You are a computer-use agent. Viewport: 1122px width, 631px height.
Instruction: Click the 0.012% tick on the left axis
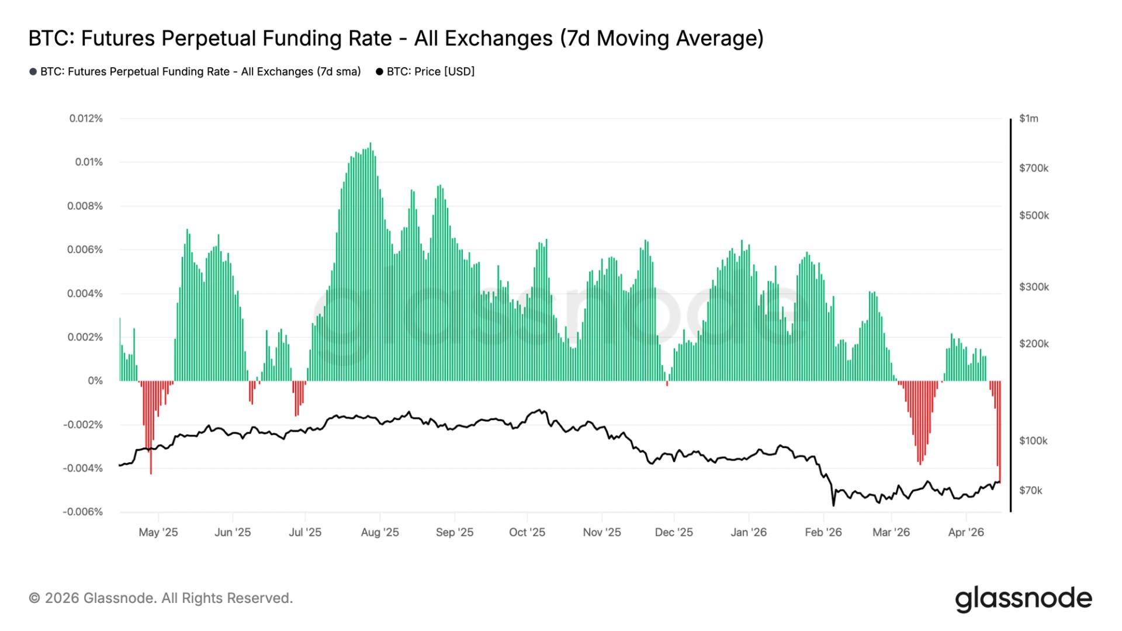click(x=86, y=119)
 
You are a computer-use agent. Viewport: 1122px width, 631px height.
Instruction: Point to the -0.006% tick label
click(x=83, y=512)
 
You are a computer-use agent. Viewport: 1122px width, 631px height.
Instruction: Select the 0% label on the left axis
click(x=95, y=381)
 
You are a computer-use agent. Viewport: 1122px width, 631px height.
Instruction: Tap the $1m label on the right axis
click(x=1028, y=119)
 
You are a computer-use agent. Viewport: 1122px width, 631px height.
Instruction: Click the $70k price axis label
click(x=1030, y=491)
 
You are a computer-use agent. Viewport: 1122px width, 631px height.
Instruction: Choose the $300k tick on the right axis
click(x=1034, y=287)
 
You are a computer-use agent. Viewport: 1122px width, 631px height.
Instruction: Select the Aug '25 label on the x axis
click(x=380, y=532)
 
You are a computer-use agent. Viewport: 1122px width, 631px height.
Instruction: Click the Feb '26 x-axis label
click(x=823, y=532)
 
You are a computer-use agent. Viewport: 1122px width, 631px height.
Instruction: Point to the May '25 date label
click(x=158, y=532)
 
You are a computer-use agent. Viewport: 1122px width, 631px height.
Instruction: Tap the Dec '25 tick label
click(x=674, y=532)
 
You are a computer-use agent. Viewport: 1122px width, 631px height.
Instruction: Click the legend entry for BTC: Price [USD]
click(x=425, y=72)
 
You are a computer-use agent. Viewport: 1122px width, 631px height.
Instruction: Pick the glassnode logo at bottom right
click(x=1023, y=599)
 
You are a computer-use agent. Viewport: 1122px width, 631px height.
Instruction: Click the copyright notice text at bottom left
click(x=161, y=598)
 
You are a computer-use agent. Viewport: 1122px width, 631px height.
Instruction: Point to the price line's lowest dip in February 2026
click(x=833, y=505)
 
